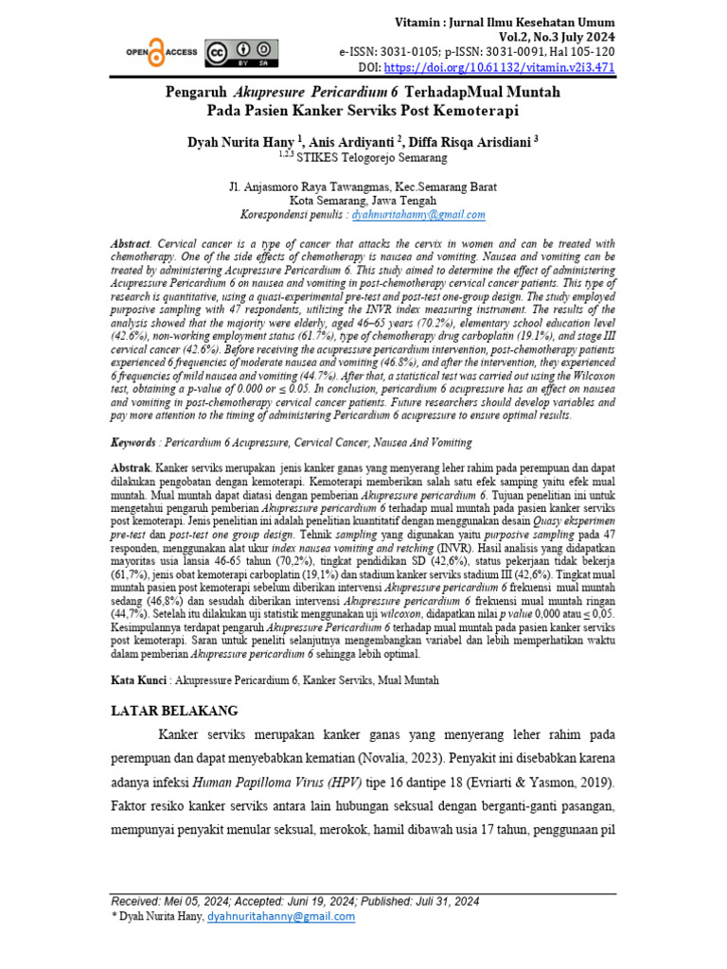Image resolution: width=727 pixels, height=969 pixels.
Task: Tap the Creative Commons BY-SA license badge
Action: (242, 53)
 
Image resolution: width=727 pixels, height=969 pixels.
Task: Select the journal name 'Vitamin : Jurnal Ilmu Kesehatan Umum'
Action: (504, 22)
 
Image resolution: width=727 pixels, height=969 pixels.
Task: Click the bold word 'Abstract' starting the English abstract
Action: (131, 243)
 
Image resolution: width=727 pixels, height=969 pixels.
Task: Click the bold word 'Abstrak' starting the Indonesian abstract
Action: (130, 468)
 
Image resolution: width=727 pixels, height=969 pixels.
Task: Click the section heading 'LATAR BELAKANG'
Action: (175, 710)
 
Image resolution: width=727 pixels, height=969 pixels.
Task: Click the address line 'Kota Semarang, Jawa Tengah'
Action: (363, 201)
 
